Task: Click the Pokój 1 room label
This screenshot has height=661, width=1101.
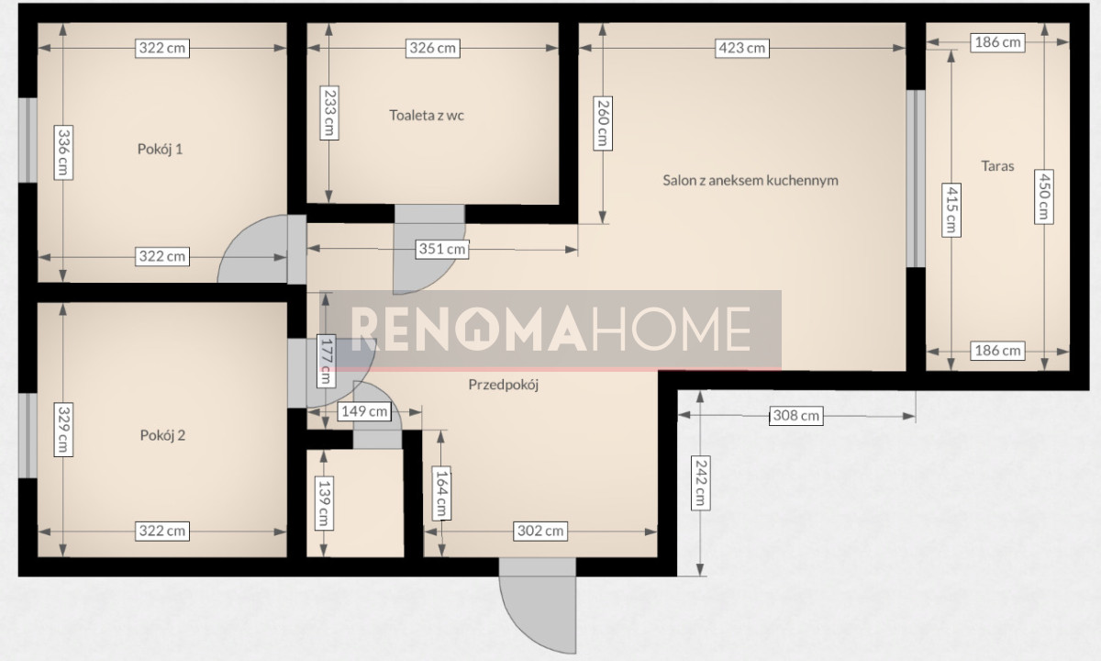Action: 160,149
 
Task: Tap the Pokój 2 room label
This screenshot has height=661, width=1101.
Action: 162,435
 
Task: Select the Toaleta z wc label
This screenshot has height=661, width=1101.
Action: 427,115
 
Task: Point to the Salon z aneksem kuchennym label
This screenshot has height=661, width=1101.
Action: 751,181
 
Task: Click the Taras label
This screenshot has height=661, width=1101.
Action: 997,166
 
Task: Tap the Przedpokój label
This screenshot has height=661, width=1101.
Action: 504,385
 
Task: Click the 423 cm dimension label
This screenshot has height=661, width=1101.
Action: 741,48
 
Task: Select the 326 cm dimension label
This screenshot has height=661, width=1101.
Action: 432,48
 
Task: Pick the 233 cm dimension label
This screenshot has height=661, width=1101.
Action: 329,113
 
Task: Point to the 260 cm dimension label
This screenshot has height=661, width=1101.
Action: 603,123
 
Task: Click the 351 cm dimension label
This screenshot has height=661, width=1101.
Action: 442,249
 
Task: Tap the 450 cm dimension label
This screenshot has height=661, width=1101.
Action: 1043,196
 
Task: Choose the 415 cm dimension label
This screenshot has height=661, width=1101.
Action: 951,210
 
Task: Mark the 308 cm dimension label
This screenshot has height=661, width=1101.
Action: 796,416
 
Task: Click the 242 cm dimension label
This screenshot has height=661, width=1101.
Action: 700,483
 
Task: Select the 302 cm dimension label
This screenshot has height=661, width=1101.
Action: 540,532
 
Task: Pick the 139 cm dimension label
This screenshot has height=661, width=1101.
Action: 324,503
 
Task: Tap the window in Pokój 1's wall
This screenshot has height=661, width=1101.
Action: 28,140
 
